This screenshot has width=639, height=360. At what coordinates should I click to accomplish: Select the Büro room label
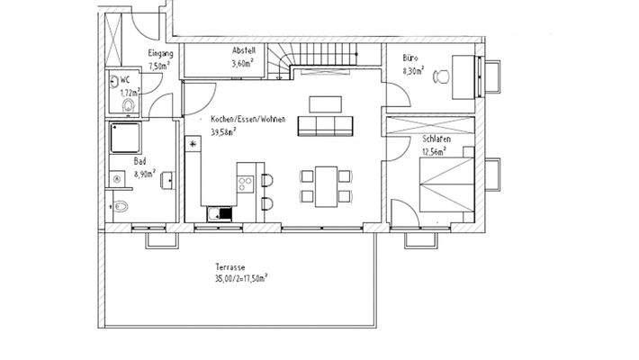[409, 58]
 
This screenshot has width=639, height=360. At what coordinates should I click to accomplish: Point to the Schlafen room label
[435, 139]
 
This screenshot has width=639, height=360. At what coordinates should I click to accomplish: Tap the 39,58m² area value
[224, 131]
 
